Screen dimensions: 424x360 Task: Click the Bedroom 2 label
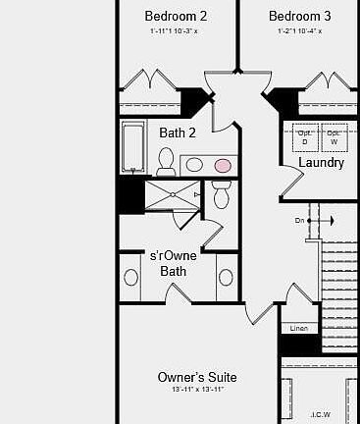(176, 17)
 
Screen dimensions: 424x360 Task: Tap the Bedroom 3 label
(299, 17)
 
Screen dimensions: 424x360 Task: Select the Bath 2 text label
(178, 132)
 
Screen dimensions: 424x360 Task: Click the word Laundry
(321, 163)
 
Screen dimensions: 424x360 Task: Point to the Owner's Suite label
(197, 377)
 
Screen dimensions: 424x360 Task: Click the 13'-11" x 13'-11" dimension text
(197, 391)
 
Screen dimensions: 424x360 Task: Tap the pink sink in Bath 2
(225, 165)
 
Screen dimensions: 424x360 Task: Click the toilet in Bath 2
(166, 161)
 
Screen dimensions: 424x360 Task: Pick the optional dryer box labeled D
(305, 138)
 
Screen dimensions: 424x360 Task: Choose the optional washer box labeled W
(333, 138)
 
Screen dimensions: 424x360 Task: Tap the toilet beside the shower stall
(221, 197)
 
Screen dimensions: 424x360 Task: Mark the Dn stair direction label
(299, 221)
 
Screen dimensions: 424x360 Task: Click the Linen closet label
(299, 328)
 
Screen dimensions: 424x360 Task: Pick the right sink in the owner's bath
(227, 277)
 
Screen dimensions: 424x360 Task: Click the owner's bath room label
(174, 263)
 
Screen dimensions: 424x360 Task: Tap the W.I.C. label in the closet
(321, 414)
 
